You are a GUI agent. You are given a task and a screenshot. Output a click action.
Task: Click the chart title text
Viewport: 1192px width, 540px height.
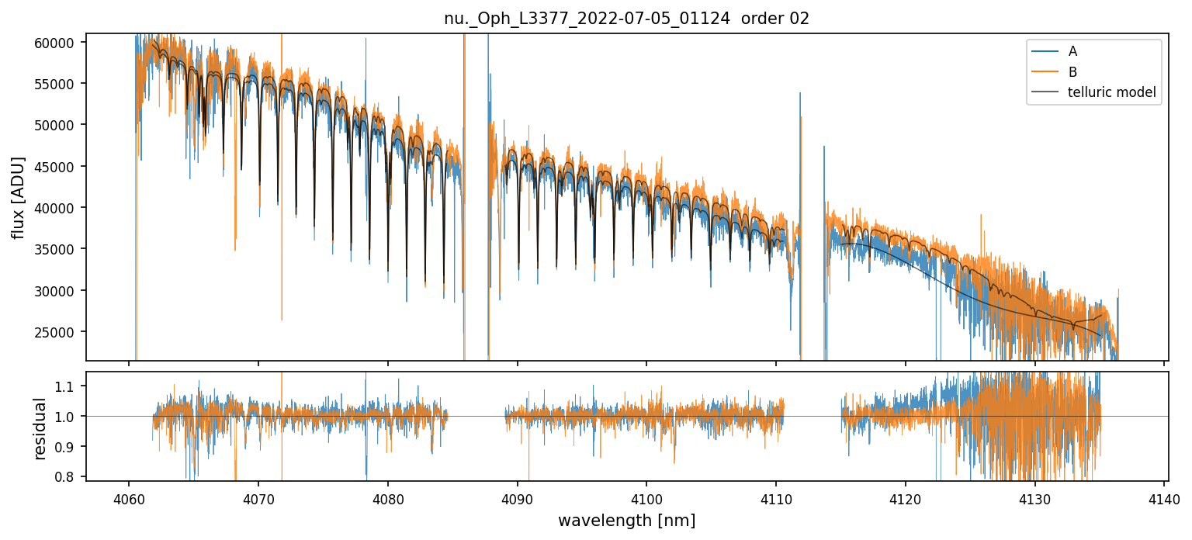626,19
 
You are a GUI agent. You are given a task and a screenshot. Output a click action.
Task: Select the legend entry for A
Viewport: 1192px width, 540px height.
1072,51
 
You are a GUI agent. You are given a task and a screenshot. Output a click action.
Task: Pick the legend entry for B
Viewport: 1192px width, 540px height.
1072,72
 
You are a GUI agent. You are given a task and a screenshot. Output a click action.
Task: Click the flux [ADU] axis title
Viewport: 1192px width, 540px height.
17,197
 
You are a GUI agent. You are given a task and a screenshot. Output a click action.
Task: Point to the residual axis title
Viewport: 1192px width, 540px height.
40,428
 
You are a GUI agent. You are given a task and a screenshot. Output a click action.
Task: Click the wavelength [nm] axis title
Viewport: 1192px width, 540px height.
626,521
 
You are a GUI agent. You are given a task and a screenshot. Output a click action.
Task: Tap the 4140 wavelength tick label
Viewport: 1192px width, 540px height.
1164,498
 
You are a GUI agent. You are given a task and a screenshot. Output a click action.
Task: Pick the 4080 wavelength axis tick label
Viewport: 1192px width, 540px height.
387,498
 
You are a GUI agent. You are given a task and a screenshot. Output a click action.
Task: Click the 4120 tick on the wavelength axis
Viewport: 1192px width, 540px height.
906,498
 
